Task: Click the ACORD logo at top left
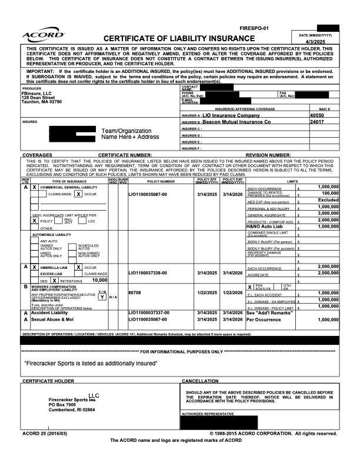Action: pos(43,36)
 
